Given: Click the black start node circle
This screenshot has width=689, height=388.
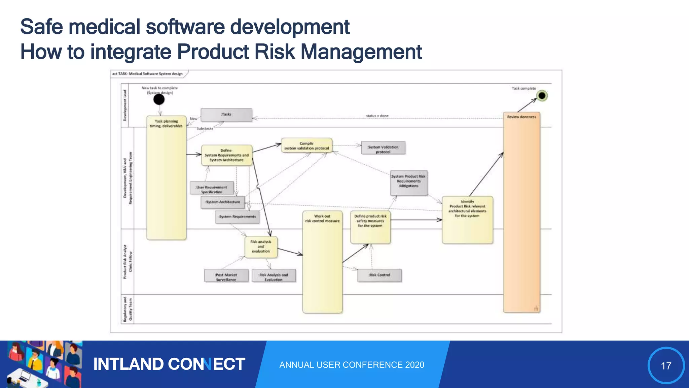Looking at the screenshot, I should pyautogui.click(x=159, y=99).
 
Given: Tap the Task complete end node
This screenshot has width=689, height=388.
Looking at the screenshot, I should pyautogui.click(x=542, y=96).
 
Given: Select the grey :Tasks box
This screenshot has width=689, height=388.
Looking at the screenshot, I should pyautogui.click(x=226, y=115).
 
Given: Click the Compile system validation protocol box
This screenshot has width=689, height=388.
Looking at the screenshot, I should pyautogui.click(x=306, y=145).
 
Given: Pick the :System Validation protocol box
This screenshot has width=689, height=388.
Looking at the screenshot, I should pyautogui.click(x=383, y=148).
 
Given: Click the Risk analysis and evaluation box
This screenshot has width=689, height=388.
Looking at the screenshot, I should pyautogui.click(x=261, y=247).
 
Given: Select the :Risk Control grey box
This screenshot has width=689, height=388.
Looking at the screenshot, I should pyautogui.click(x=379, y=275).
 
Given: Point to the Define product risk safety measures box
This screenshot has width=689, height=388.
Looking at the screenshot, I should pyautogui.click(x=370, y=227).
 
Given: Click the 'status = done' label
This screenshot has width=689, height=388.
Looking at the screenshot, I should pyautogui.click(x=377, y=116).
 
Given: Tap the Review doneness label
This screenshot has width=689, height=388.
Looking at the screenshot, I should pyautogui.click(x=521, y=117).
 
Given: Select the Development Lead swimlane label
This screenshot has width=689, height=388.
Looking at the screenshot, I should pyautogui.click(x=125, y=105).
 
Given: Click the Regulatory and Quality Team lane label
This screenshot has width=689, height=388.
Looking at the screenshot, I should pyautogui.click(x=127, y=309).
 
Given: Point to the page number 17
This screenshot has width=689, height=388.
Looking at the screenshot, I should pyautogui.click(x=666, y=366).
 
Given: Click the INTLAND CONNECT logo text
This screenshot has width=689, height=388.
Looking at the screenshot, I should pyautogui.click(x=169, y=364).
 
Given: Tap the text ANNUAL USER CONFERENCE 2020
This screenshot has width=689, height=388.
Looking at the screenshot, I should pyautogui.click(x=352, y=365).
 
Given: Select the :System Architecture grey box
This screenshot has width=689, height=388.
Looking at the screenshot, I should pyautogui.click(x=223, y=202).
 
